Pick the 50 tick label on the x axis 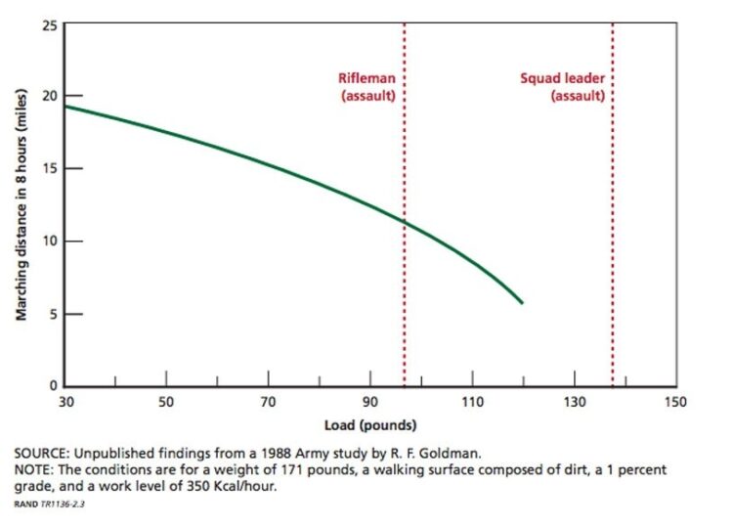(x=166, y=402)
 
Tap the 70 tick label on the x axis (x=268, y=402)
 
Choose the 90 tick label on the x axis (x=369, y=402)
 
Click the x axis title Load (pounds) (x=370, y=425)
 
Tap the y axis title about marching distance (x=21, y=204)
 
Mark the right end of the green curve (x=523, y=303)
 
